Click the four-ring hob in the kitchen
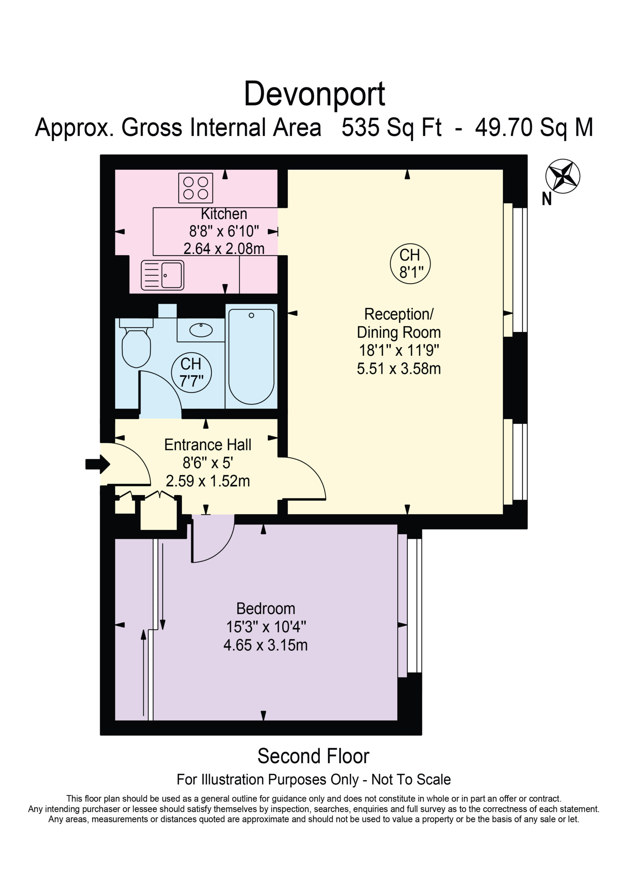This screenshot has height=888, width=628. tap(195, 188)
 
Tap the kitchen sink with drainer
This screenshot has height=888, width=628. tap(162, 275)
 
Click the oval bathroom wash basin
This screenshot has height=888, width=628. tap(201, 330)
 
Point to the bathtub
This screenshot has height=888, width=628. tap(251, 356)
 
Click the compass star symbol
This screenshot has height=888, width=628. tap(563, 176)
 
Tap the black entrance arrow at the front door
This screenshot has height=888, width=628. tap(98, 464)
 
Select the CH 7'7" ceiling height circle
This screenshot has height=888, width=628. tap(191, 373)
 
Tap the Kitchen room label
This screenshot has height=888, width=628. tap(224, 214)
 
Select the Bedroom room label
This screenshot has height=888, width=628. tap(266, 609)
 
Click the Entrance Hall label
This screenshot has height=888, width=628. tap(208, 445)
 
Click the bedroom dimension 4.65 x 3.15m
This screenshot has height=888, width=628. tap(266, 645)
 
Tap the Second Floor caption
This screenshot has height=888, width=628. tap(313, 756)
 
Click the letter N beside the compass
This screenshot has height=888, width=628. tap(547, 199)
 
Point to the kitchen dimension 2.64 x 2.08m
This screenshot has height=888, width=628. tap(224, 248)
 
